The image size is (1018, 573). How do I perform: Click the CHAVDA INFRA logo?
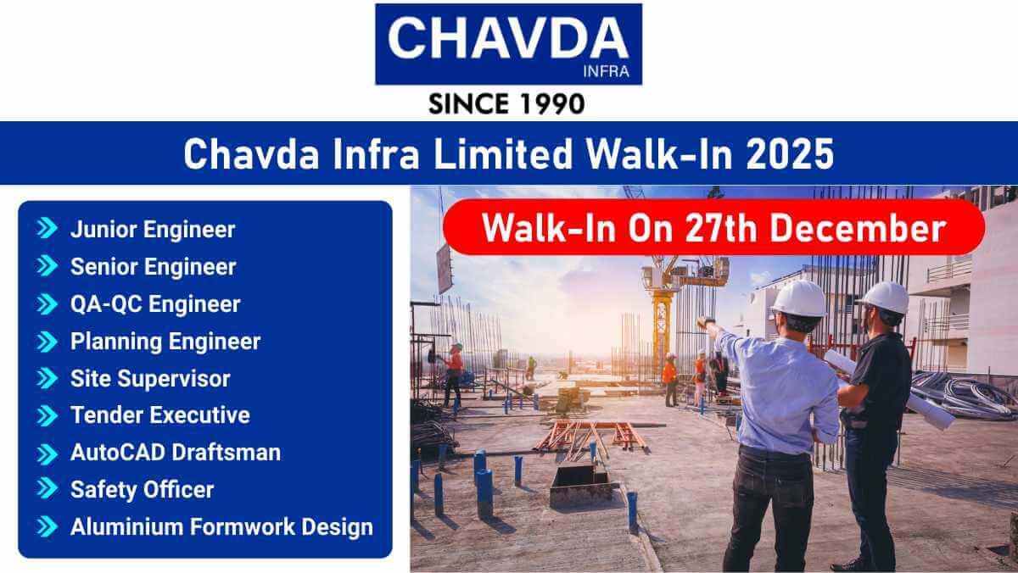coord(508,44)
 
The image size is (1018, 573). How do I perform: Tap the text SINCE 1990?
coord(507,103)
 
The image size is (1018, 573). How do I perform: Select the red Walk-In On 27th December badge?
coord(713,228)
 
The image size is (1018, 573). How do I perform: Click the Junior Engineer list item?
coord(153,229)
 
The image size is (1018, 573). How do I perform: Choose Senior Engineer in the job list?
coord(153,266)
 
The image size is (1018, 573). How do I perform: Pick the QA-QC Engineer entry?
coord(155,303)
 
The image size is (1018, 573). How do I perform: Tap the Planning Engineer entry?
coord(165,341)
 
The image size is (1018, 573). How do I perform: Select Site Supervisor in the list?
coord(150,378)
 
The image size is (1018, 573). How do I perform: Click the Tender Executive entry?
coord(159,415)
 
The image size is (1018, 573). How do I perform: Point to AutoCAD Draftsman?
coord(175,453)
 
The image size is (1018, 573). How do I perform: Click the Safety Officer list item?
coord(142,490)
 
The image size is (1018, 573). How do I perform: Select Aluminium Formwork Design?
coord(221,526)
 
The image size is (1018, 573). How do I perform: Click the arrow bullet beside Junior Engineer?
coord(47,229)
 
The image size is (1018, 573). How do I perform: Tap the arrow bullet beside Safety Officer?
coord(47,490)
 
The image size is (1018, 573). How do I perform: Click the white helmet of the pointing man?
coord(798,298)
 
